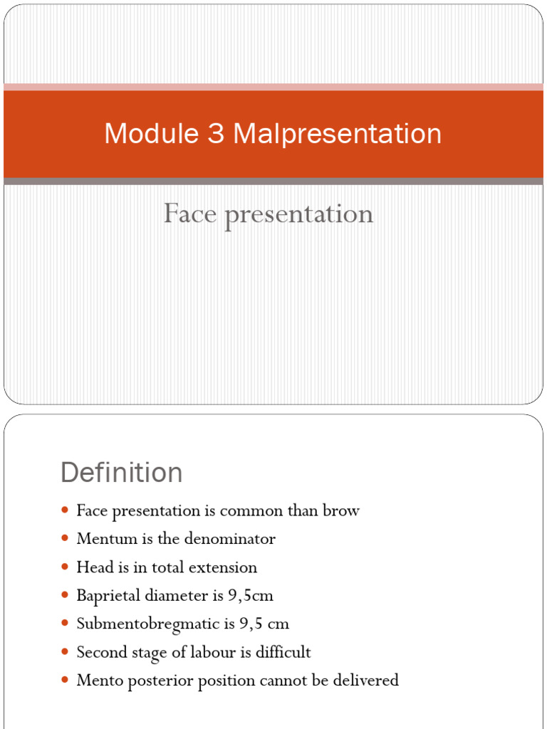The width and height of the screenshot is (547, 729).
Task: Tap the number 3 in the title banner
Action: point(216,134)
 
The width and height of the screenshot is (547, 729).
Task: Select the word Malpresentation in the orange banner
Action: point(337,134)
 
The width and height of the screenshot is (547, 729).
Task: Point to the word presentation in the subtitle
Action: point(298,214)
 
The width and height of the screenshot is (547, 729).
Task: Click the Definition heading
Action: point(121,473)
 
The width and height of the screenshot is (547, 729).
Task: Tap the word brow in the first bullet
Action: point(343,510)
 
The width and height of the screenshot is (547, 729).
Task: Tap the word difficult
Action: point(283,652)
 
